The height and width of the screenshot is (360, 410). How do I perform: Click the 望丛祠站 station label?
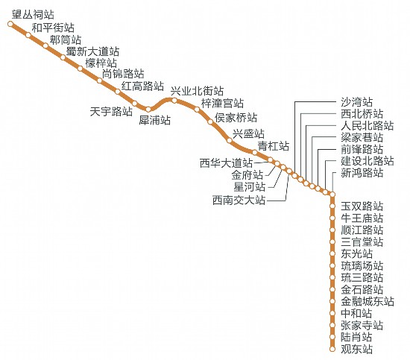coord(33,15)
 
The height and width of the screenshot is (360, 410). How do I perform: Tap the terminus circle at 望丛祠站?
coord(10,24)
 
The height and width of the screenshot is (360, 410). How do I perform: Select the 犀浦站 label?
coord(154,120)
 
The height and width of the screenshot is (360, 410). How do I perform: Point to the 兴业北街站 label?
coord(197,91)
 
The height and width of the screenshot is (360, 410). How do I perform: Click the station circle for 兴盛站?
coord(230,141)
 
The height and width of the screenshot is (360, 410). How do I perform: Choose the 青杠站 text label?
coord(274,146)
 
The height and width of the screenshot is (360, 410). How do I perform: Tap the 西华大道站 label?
coord(226,163)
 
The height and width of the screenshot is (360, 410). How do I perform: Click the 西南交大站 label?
coord(239,200)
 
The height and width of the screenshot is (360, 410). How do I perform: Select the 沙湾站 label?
coord(356,102)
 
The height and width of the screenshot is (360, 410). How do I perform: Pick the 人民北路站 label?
coord(367,126)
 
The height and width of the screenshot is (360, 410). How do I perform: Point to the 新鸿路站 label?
coord(362,173)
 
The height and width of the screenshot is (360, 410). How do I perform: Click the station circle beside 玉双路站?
coord(332,206)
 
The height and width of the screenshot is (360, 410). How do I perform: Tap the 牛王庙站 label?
coord(362,218)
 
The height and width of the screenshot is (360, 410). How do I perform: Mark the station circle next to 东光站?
coord(332,253)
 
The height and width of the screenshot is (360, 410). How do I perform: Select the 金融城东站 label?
coord(367,301)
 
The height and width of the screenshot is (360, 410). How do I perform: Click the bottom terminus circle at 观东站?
coord(332,349)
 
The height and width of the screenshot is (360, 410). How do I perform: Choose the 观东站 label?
coord(356,350)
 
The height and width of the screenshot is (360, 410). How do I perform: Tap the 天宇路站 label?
coord(111,112)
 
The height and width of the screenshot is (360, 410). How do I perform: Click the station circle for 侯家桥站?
coord(210,121)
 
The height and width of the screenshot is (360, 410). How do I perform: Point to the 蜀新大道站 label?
coord(92,51)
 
